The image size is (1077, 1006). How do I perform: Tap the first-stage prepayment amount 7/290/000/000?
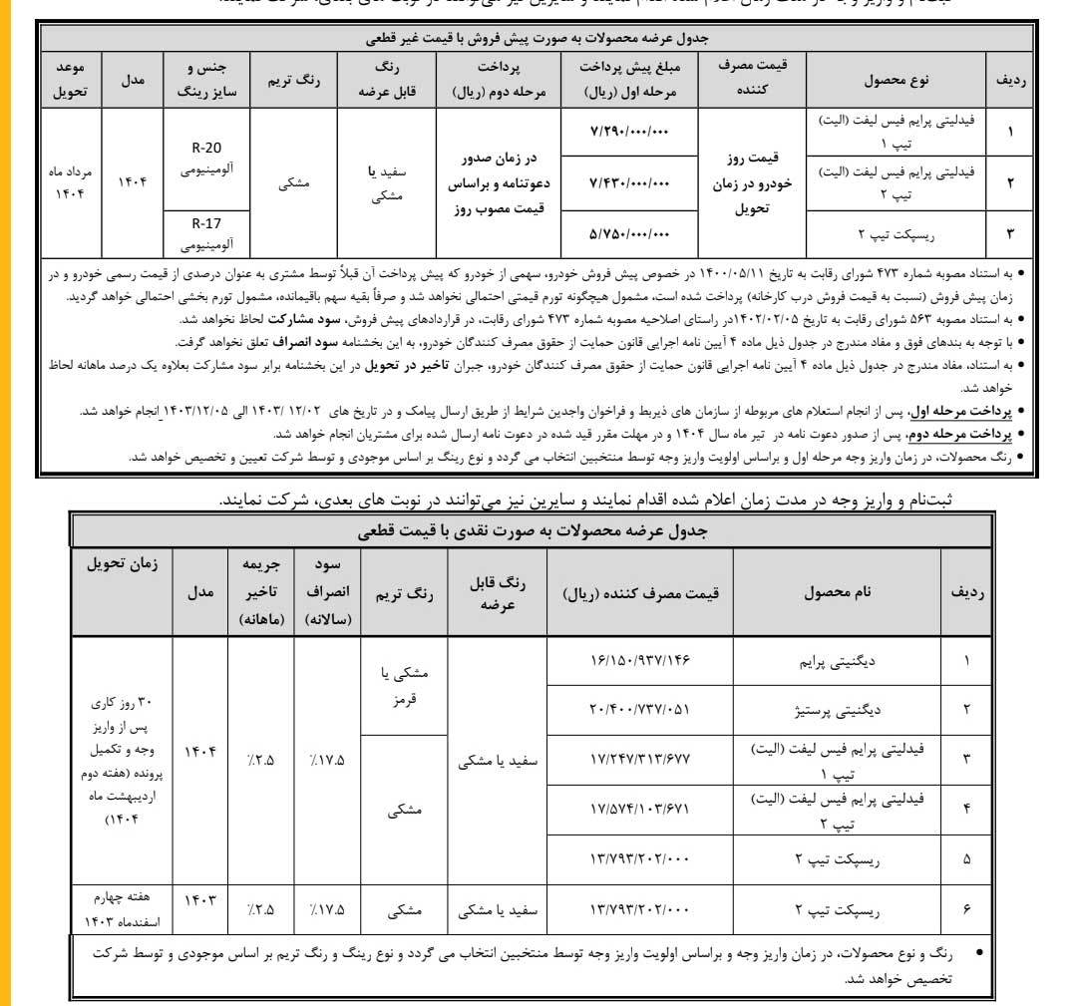pos(630,132)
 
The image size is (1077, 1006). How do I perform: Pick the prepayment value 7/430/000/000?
pos(630,182)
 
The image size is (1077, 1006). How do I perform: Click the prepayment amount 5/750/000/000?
pos(630,234)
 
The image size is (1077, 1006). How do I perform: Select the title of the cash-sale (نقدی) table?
pos(532,531)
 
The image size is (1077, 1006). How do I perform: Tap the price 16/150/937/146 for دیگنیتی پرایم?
pos(639,660)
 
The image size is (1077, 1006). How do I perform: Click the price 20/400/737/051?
pos(639,709)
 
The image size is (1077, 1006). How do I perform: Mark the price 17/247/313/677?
pos(639,758)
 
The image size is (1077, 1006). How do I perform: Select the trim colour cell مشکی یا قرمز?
pos(404,685)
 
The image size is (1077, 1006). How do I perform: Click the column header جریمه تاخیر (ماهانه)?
pos(260,591)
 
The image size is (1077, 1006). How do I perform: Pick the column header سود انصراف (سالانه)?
pos(326,591)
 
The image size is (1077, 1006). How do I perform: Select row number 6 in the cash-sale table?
pos(965,909)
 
